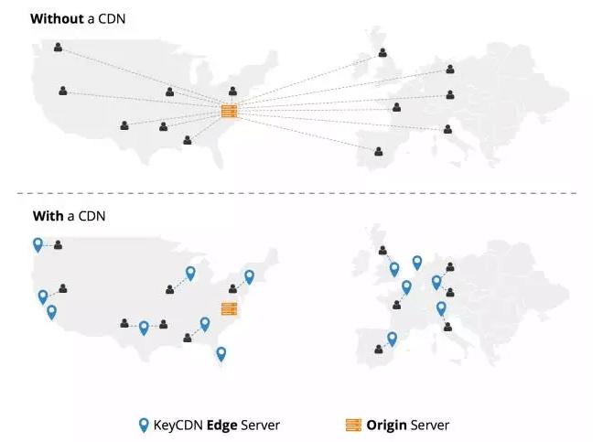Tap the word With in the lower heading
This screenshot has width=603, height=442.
(x=45, y=216)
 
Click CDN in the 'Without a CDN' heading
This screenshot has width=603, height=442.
(x=109, y=18)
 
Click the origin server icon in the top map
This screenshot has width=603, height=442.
(x=229, y=112)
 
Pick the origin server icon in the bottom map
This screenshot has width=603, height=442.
(x=229, y=308)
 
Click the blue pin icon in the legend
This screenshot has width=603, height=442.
(x=143, y=425)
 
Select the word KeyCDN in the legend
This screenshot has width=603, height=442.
(x=178, y=425)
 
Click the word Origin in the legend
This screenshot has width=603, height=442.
(x=387, y=425)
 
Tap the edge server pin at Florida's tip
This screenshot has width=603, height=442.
(x=221, y=353)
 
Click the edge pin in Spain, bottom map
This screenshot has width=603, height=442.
(x=393, y=339)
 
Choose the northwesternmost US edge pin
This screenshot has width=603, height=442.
(x=38, y=244)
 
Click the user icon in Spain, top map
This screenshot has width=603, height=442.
(x=379, y=150)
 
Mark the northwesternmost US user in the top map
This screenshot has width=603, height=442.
(x=59, y=46)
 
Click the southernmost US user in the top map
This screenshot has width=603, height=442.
(x=188, y=140)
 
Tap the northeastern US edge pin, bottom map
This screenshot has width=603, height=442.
(x=248, y=276)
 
